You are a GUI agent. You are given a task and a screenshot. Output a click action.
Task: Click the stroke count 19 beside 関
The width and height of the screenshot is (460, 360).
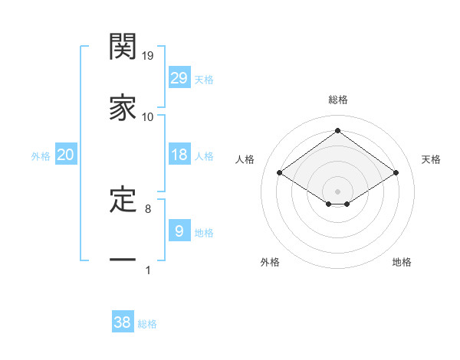point(148,56)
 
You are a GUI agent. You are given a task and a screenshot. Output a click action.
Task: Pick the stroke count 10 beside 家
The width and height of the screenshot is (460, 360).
point(148,117)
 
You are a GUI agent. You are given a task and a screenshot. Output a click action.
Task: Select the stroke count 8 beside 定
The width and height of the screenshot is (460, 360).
point(148,208)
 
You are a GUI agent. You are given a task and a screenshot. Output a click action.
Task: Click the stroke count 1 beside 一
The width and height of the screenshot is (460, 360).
point(148,270)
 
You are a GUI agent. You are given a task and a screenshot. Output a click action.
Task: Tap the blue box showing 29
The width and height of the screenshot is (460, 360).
point(179,78)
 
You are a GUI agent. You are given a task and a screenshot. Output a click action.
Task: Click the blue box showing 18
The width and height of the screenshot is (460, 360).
point(179,155)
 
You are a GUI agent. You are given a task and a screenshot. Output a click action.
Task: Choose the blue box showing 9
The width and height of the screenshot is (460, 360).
point(179,231)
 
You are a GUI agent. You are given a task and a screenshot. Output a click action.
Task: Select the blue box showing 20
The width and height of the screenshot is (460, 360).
point(66,155)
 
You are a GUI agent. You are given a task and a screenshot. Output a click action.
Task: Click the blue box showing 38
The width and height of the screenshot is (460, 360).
point(123,322)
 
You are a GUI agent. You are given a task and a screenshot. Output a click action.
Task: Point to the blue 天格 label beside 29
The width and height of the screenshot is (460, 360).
point(204,80)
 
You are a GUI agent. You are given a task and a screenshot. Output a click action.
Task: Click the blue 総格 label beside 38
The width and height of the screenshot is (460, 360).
point(147,324)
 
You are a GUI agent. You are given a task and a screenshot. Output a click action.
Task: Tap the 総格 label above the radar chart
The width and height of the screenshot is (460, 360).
point(337,100)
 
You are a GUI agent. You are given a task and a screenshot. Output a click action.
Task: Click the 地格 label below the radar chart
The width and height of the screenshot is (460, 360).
point(402,263)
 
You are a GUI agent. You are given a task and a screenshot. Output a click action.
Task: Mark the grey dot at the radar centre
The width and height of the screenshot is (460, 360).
point(337,191)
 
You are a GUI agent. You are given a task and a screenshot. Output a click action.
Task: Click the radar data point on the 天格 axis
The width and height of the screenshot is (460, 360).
point(396,173)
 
